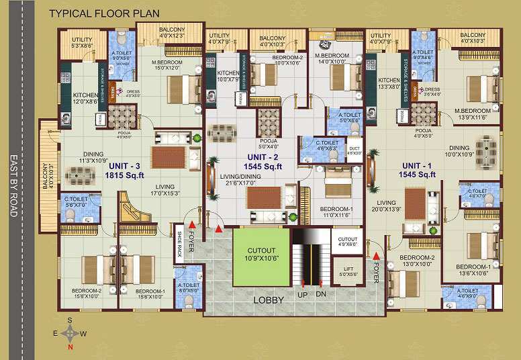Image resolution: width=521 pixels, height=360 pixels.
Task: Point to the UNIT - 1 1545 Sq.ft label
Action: (x=418, y=170)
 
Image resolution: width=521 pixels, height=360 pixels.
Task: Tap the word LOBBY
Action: (x=269, y=300)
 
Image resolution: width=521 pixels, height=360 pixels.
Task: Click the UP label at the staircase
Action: (x=302, y=295)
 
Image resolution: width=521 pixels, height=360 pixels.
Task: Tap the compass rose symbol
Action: (x=70, y=332)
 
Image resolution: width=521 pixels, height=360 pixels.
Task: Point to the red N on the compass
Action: (x=70, y=347)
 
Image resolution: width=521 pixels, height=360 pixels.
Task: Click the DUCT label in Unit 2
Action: (x=354, y=150)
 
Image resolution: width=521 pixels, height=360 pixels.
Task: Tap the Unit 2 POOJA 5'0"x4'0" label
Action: (x=269, y=144)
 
